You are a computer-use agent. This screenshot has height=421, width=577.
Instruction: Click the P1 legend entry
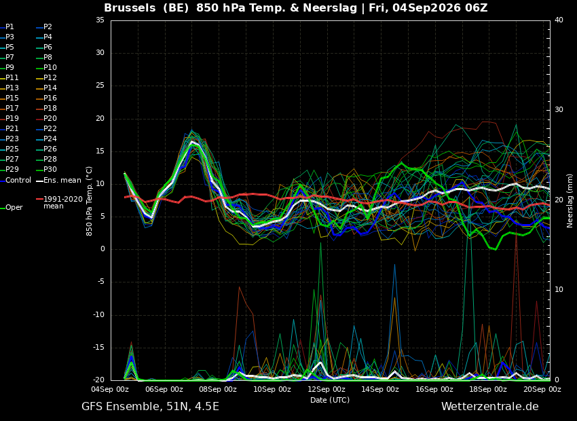point(7,27)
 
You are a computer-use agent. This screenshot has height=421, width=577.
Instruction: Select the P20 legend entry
point(47,119)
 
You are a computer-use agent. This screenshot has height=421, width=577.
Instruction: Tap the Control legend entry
point(16,181)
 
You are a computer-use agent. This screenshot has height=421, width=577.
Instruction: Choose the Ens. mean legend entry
point(59,181)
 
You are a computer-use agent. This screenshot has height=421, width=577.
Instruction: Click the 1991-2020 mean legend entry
point(60,202)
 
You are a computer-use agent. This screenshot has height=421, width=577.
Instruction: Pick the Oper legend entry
point(12,208)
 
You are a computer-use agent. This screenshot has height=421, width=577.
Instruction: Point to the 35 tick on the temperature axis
point(100,20)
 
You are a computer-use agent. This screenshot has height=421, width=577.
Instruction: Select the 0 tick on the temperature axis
point(103,249)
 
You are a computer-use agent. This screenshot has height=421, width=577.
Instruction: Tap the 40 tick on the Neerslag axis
point(559,20)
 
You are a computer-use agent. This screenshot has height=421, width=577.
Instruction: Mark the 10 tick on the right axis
point(559,290)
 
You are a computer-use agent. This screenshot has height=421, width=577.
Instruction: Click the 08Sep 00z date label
point(218,389)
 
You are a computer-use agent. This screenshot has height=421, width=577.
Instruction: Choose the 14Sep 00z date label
point(379,389)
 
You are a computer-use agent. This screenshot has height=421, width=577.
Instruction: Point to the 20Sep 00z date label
point(542,389)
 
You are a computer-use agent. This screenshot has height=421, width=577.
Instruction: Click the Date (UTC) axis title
point(330,400)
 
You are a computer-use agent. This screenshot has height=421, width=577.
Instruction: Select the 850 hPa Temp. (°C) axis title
point(90,201)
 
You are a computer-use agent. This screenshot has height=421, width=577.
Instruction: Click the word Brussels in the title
point(130,7)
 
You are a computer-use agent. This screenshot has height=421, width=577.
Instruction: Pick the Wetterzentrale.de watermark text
point(490,407)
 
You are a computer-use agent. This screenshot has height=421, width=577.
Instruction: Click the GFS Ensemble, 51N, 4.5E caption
point(150,407)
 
